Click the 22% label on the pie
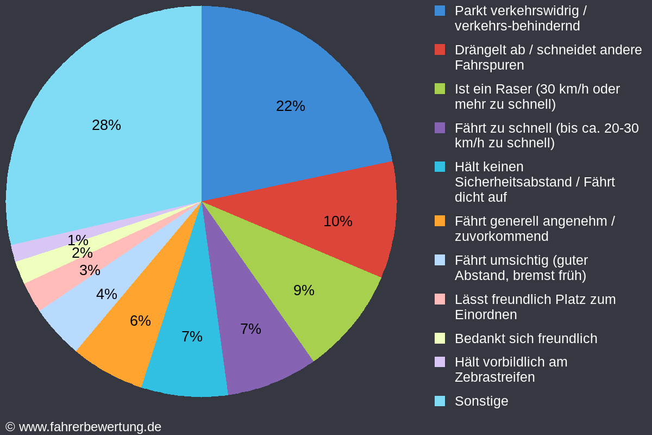click(x=291, y=106)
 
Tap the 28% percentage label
click(x=106, y=125)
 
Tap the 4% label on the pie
click(x=106, y=294)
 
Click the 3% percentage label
click(x=90, y=270)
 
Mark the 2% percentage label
click(x=82, y=253)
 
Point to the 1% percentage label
click(x=78, y=240)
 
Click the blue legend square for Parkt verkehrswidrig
click(x=440, y=10)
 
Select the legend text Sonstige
click(x=481, y=401)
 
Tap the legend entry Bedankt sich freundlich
click(x=525, y=339)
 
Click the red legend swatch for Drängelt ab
click(x=440, y=49)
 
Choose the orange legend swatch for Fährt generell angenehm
click(x=440, y=221)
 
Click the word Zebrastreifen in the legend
click(x=494, y=377)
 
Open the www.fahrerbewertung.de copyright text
click(x=90, y=427)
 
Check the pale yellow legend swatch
click(x=440, y=338)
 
